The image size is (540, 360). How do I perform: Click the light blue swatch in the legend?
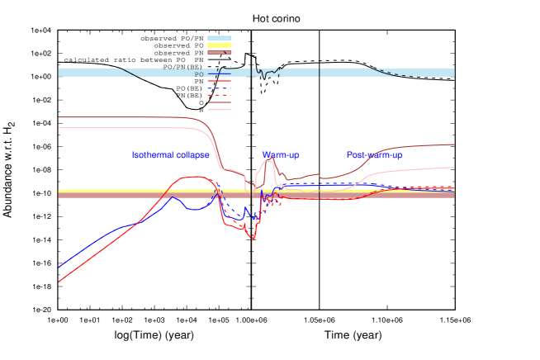tap(219, 37)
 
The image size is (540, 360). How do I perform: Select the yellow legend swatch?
tap(219, 45)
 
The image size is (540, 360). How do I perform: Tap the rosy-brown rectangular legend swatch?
tap(219, 52)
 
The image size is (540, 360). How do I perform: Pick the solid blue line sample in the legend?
tap(219, 74)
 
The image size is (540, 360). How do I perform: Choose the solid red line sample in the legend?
tap(219, 82)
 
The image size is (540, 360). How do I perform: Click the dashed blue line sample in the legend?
tap(219, 88)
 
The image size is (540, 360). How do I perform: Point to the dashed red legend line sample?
tap(219, 95)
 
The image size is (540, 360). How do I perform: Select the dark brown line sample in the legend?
tap(219, 102)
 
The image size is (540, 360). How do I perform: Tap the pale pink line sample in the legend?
tap(219, 109)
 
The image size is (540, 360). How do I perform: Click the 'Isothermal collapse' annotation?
tap(171, 155)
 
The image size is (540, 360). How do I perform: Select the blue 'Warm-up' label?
tap(281, 155)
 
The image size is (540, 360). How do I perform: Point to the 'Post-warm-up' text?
tap(374, 155)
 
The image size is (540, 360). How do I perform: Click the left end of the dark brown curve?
tap(59, 117)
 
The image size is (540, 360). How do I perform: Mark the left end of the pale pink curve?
tap(59, 128)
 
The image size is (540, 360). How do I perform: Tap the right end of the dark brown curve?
tap(454, 144)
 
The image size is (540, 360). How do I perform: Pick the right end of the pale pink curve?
tap(454, 168)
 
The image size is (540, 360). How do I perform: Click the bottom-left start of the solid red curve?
tap(59, 282)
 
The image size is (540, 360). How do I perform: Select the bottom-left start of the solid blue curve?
tap(59, 267)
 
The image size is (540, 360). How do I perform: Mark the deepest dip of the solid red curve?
tap(253, 239)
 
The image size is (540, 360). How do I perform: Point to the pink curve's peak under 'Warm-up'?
tap(268, 159)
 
